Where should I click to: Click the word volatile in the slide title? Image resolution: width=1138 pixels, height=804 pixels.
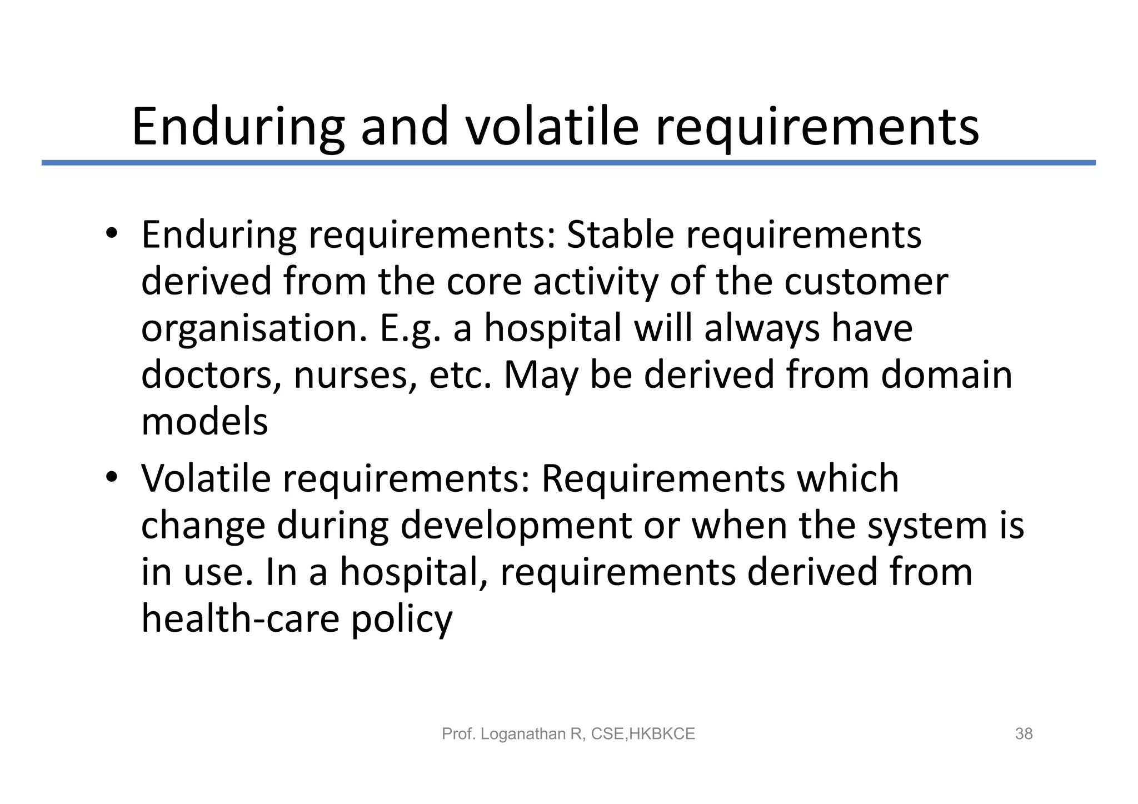point(552,127)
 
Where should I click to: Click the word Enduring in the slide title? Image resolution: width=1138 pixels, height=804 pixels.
point(238,127)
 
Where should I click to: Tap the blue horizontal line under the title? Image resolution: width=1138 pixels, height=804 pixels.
point(568,163)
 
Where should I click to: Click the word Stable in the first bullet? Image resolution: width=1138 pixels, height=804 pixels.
point(620,234)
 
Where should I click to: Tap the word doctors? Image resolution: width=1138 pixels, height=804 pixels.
point(211,375)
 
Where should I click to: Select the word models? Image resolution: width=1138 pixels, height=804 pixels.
point(204,421)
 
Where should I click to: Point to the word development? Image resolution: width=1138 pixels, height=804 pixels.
point(516,526)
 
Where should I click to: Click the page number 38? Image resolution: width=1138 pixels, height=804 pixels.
point(1024,734)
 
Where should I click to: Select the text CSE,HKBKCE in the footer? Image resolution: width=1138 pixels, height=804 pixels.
point(643,734)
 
